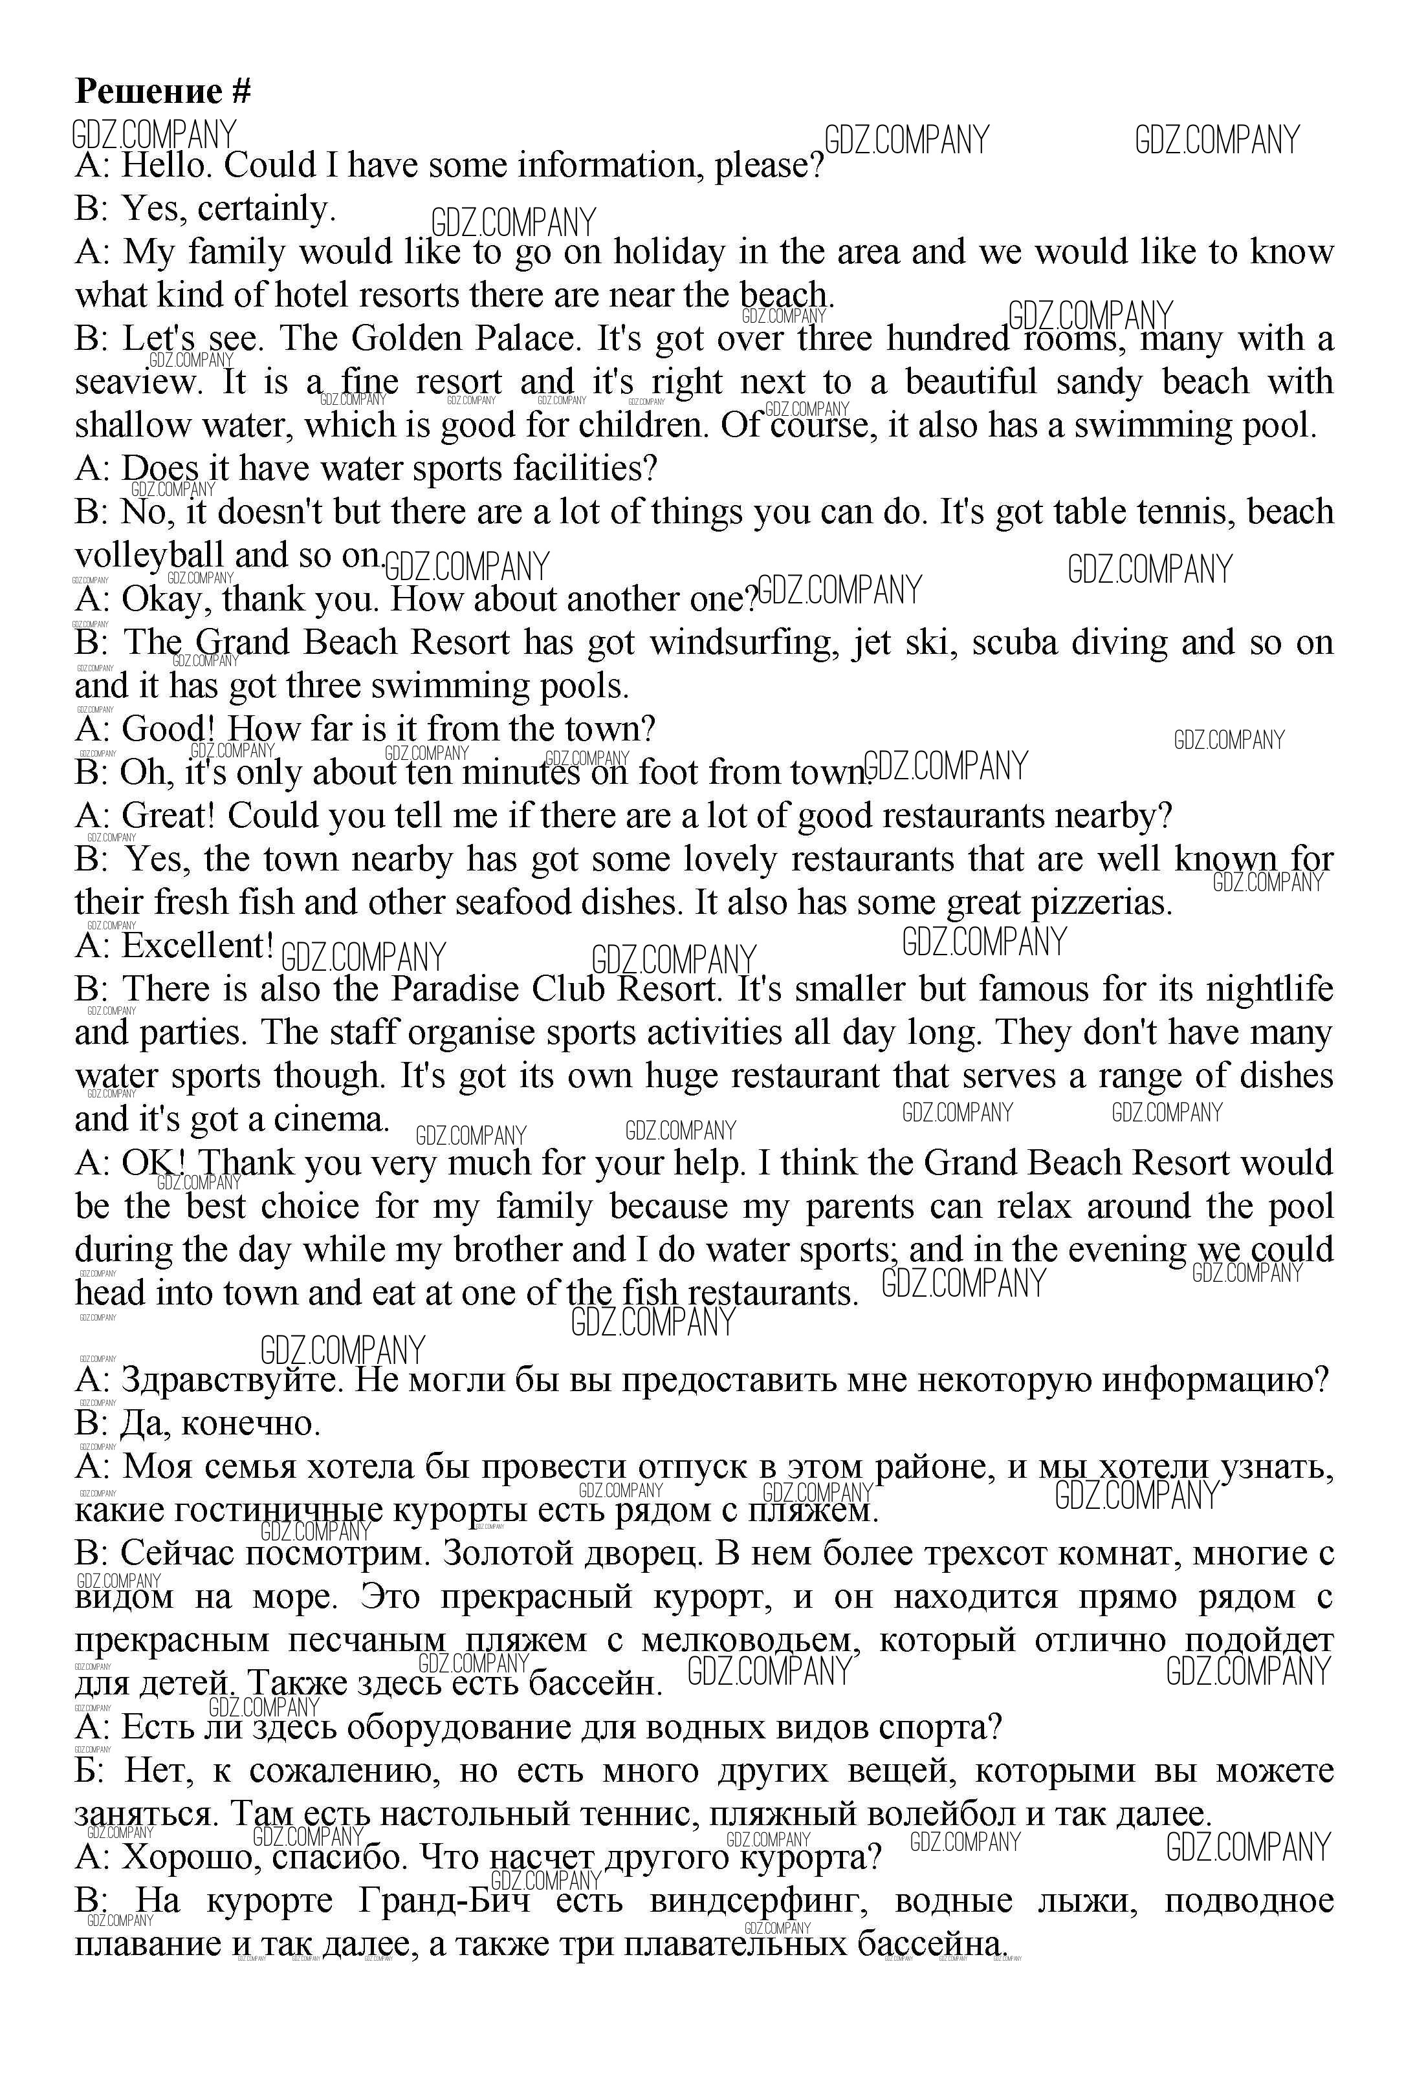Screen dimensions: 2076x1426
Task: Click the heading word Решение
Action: point(148,91)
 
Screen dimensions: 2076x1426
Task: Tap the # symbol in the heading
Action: point(241,91)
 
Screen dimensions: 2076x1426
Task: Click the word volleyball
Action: point(149,556)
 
